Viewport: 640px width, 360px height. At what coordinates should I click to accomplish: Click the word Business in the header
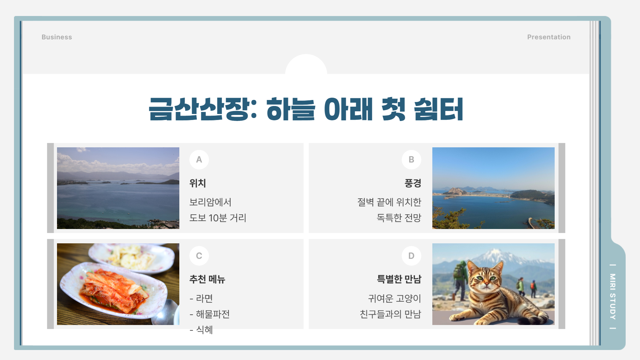(57, 37)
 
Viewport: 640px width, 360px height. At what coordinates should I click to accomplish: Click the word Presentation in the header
(549, 37)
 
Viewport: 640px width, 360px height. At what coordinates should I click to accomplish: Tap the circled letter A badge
(199, 160)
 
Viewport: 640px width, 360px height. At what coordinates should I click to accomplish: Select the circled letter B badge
(411, 160)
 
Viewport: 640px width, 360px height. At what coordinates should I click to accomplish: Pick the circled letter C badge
(199, 256)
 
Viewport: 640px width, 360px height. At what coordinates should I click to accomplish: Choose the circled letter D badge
(411, 256)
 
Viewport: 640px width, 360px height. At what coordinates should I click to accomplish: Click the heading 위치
(198, 183)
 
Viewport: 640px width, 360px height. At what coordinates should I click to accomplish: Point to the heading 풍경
(413, 183)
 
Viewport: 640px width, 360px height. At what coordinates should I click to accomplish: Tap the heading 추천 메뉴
(207, 279)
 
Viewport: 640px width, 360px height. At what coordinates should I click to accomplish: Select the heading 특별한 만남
(399, 279)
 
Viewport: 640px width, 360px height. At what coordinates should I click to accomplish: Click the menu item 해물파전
(213, 314)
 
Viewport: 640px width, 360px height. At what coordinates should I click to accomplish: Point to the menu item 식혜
(204, 330)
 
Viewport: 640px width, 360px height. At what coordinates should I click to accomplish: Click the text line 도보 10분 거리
(218, 218)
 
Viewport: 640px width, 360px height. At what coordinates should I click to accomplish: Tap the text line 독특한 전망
(399, 218)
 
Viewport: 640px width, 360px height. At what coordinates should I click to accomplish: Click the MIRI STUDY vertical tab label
(613, 296)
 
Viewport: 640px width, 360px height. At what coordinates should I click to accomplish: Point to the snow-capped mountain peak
(493, 255)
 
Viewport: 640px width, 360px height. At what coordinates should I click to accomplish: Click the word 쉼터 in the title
(438, 109)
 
